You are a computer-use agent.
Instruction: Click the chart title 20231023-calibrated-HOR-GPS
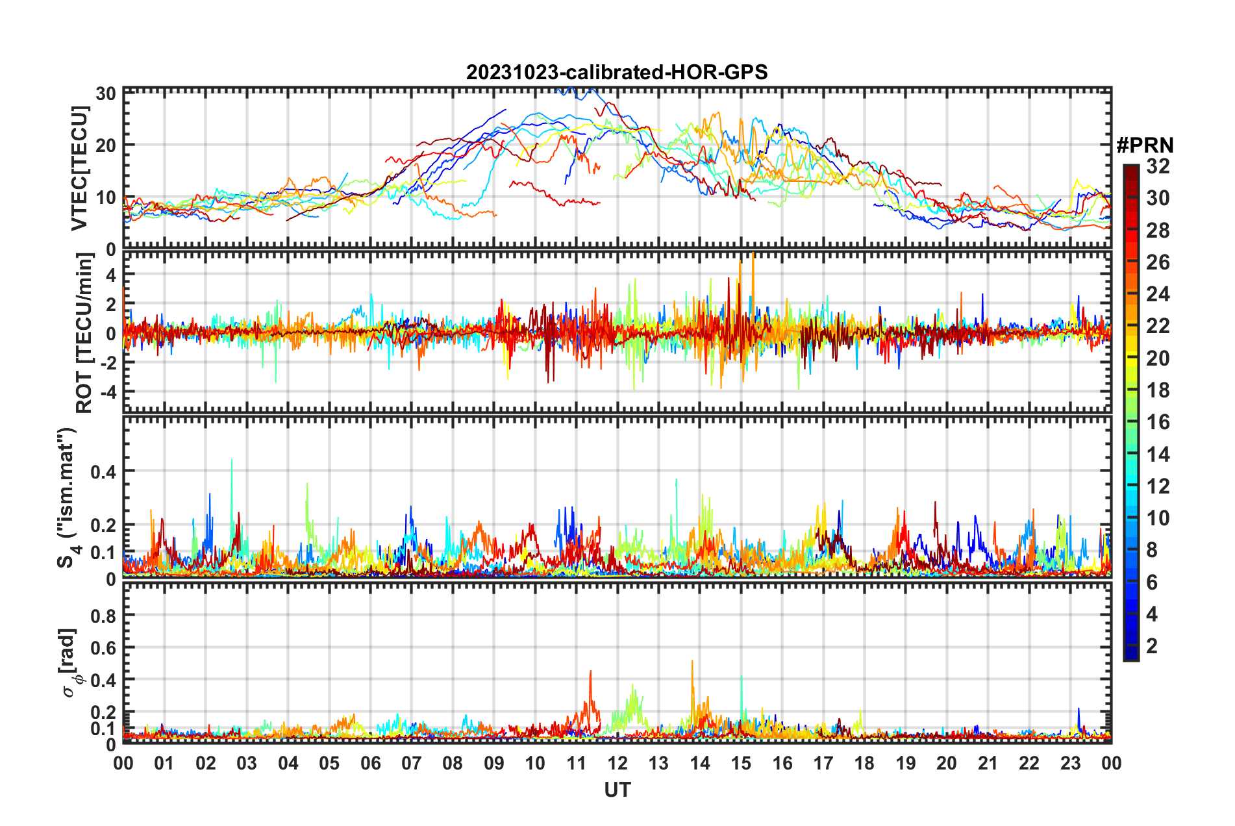[x=617, y=72]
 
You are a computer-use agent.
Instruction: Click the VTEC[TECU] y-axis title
[x=79, y=169]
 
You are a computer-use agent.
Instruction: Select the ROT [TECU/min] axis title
[x=84, y=333]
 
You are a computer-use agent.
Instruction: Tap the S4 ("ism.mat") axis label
[x=67, y=498]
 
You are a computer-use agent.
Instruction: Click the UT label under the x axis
[x=617, y=790]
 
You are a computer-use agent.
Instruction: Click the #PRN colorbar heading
[x=1145, y=145]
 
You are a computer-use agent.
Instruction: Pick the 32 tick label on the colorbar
[x=1158, y=166]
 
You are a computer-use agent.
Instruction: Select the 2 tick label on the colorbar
[x=1152, y=645]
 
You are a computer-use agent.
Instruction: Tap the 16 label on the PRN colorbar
[x=1158, y=422]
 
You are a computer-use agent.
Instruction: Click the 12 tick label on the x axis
[x=617, y=763]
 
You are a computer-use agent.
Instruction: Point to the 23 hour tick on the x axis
[x=1070, y=763]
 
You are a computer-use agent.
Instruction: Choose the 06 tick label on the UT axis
[x=370, y=763]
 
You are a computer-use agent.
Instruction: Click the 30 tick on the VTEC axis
[x=106, y=94]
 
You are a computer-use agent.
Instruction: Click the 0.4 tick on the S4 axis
[x=103, y=471]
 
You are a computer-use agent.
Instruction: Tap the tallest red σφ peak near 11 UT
[x=590, y=672]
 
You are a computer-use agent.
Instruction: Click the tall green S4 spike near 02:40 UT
[x=232, y=460]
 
